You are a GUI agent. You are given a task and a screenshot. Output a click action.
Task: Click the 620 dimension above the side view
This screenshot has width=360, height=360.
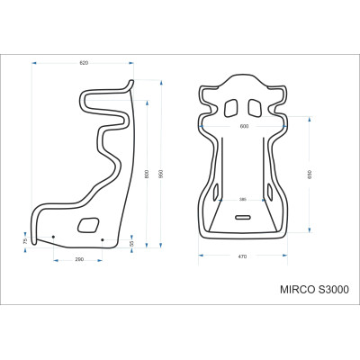pos(84,63)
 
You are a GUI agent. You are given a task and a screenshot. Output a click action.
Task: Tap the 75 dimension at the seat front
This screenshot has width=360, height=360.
pos(25,241)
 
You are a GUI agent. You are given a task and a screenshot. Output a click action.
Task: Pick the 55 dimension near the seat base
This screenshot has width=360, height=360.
pos(131,243)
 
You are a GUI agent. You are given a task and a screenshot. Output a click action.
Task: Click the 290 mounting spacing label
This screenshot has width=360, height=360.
pos(79,259)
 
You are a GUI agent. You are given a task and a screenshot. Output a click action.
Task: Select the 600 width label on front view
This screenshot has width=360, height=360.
pos(243,127)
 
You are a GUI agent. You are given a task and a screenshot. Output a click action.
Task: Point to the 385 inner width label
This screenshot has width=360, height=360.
pos(243,200)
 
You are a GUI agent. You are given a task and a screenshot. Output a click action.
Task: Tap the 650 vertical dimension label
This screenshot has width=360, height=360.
pos(310,174)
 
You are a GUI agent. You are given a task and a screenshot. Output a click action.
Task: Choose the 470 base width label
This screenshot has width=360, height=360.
pos(242,257)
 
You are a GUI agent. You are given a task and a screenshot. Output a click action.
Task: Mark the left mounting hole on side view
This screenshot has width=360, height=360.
pos(53,238)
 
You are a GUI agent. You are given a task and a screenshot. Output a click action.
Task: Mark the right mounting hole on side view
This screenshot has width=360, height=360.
pos(103,238)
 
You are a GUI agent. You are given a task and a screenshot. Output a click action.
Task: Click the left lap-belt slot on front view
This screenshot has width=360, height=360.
pos(217,192)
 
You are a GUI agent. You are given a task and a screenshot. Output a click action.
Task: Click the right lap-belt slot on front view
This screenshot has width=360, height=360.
pos(269,192)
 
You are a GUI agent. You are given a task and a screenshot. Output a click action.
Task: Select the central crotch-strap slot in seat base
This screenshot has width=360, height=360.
pos(243,218)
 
